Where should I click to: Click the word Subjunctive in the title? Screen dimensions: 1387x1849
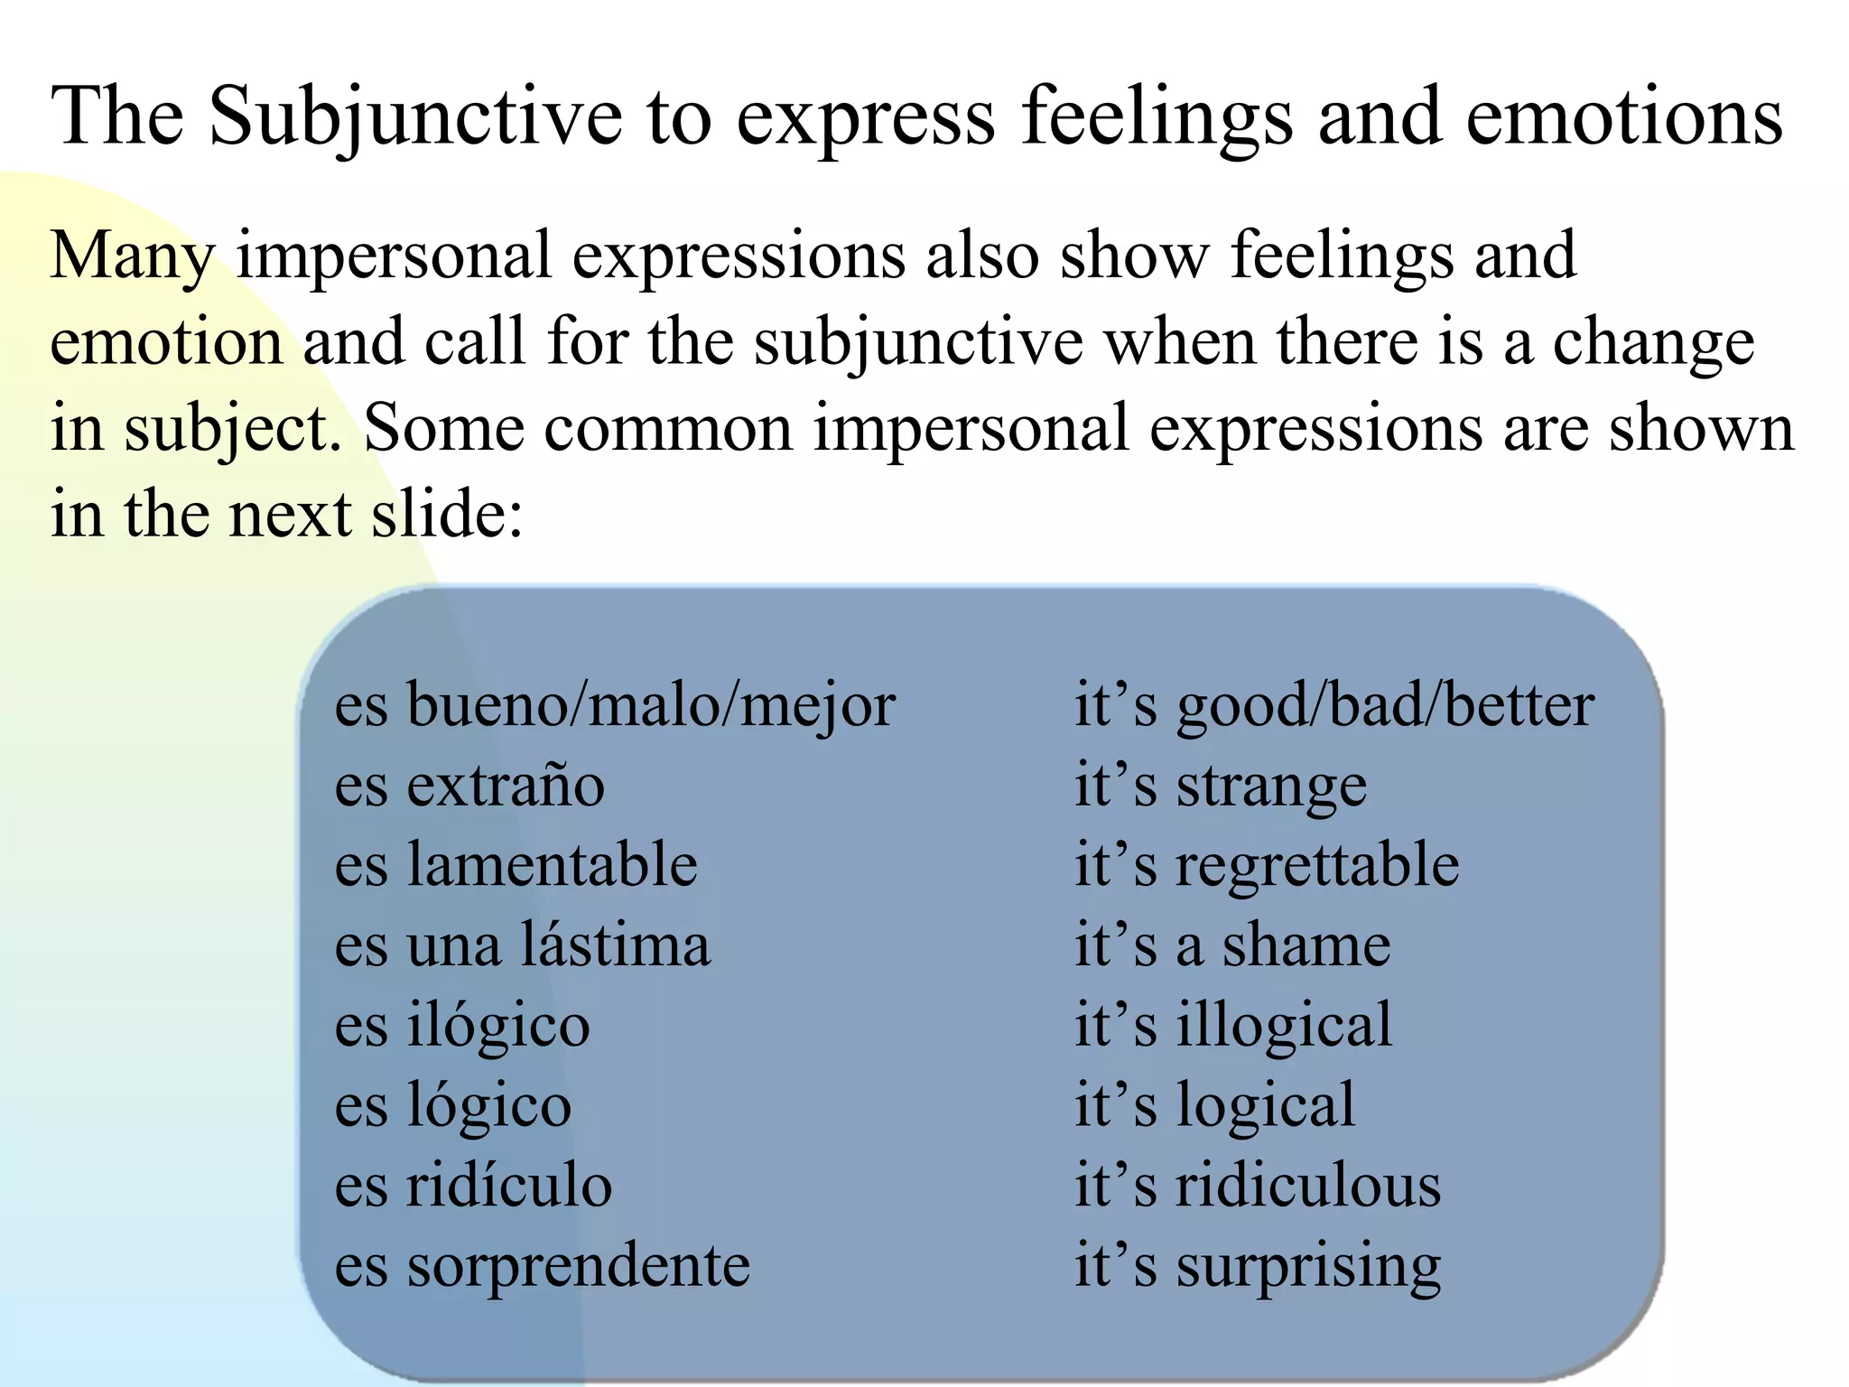[x=414, y=117]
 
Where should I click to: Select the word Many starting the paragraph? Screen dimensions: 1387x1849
[x=132, y=256]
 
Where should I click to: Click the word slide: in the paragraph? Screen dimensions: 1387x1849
[x=447, y=515]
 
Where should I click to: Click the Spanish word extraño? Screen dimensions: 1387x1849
[x=506, y=785]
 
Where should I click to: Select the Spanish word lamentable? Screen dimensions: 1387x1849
[x=552, y=864]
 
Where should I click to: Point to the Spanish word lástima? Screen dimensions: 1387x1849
[x=617, y=945]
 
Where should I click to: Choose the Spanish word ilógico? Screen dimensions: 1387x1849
[x=498, y=1026]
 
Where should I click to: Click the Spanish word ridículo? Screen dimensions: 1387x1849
[x=509, y=1186]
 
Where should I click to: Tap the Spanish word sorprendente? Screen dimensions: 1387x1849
[x=578, y=1266]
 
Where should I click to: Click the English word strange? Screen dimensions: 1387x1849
[x=1271, y=786]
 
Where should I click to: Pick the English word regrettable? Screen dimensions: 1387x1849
[x=1316, y=864]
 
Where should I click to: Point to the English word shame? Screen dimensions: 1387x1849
[x=1306, y=945]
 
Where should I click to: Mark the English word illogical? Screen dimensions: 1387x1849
[x=1284, y=1026]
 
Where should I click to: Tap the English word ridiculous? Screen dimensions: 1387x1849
[x=1307, y=1186]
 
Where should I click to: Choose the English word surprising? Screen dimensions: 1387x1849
[x=1307, y=1266]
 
